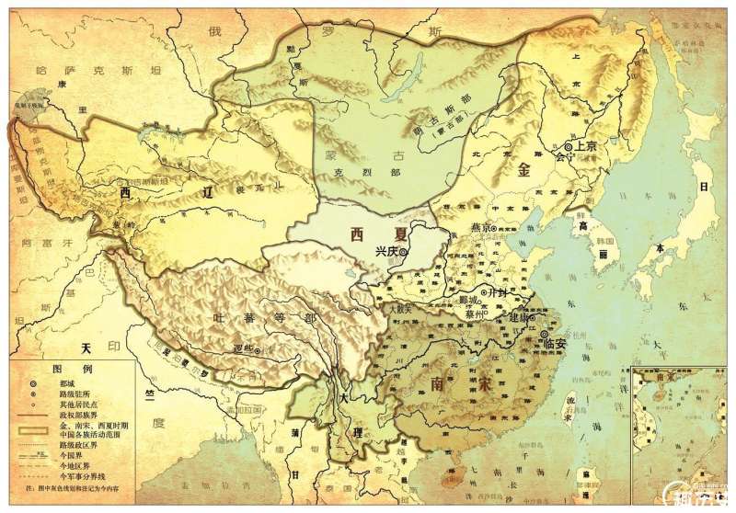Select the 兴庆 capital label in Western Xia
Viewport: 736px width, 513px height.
coord(387,251)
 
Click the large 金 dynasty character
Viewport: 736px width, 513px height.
coord(525,170)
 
